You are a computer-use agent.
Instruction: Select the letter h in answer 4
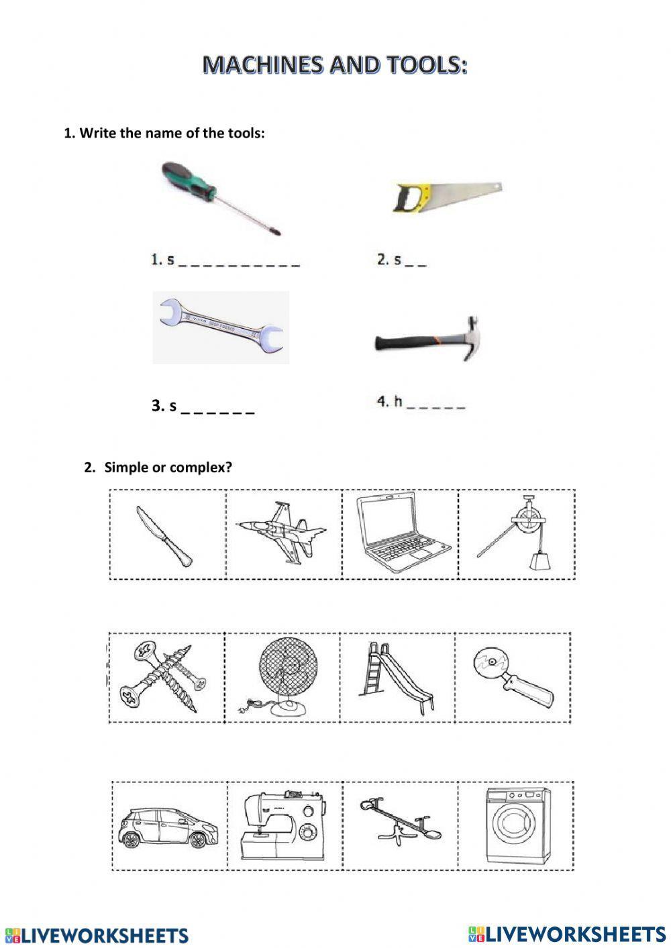[x=398, y=402]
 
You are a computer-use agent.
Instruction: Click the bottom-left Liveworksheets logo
[x=97, y=935]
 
